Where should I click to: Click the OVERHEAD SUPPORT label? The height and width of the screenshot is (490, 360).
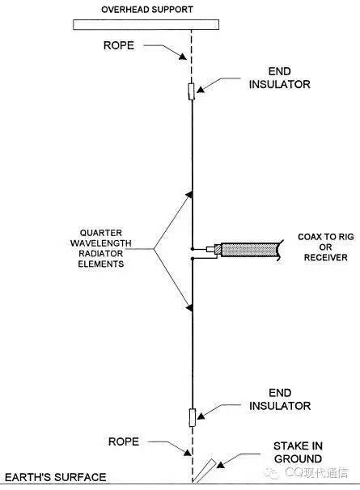[147, 10]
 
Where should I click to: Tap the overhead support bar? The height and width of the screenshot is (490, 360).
[146, 25]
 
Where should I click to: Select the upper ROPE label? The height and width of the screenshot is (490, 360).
[119, 45]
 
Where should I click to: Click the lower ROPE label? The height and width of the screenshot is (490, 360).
[124, 441]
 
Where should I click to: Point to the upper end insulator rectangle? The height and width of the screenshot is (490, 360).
[192, 91]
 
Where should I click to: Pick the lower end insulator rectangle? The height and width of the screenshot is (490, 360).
[193, 417]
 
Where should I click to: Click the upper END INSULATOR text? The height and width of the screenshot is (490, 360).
[280, 78]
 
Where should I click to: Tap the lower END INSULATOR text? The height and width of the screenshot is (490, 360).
[280, 399]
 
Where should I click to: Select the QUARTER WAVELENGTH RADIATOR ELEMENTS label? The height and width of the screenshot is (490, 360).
[100, 248]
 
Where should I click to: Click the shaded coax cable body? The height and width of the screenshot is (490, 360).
[250, 250]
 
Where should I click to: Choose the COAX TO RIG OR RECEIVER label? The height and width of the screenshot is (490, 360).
[325, 247]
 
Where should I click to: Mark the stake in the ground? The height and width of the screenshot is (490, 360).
[204, 471]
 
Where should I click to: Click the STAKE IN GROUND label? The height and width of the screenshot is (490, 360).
[298, 452]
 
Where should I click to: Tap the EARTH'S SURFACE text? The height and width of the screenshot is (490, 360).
[55, 477]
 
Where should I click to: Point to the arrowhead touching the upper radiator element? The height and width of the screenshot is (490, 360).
[189, 195]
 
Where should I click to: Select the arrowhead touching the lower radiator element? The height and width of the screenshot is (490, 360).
[189, 308]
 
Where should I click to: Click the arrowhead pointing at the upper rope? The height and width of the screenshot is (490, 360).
[183, 57]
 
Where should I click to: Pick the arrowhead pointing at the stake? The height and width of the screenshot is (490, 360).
[221, 465]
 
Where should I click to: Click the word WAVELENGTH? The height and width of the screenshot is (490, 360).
[100, 243]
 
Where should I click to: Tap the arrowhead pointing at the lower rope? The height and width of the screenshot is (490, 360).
[187, 452]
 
